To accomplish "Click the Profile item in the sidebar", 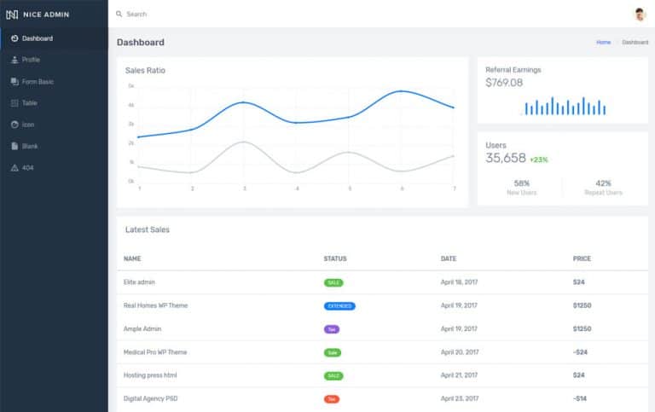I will click(x=31, y=60).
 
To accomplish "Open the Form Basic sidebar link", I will click(x=38, y=81).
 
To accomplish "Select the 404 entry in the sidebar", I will click(x=28, y=168).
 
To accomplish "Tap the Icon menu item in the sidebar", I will click(x=28, y=125).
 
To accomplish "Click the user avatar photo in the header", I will click(x=640, y=14).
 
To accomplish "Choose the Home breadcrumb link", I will click(x=603, y=42).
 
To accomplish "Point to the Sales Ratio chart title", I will click(x=145, y=70).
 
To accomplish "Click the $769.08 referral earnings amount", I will click(x=504, y=83).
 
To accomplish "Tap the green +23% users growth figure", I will click(x=538, y=160).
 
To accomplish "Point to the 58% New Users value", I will click(x=522, y=183).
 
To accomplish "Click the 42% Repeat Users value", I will click(x=603, y=183).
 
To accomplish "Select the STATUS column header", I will click(x=335, y=258).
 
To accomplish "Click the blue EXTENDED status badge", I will click(x=339, y=305).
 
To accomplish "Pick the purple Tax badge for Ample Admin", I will click(x=332, y=328).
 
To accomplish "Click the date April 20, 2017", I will click(x=460, y=351).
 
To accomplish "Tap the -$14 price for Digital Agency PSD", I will click(x=579, y=398).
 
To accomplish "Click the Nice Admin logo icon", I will click(x=12, y=15).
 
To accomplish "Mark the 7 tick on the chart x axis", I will click(x=454, y=188).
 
